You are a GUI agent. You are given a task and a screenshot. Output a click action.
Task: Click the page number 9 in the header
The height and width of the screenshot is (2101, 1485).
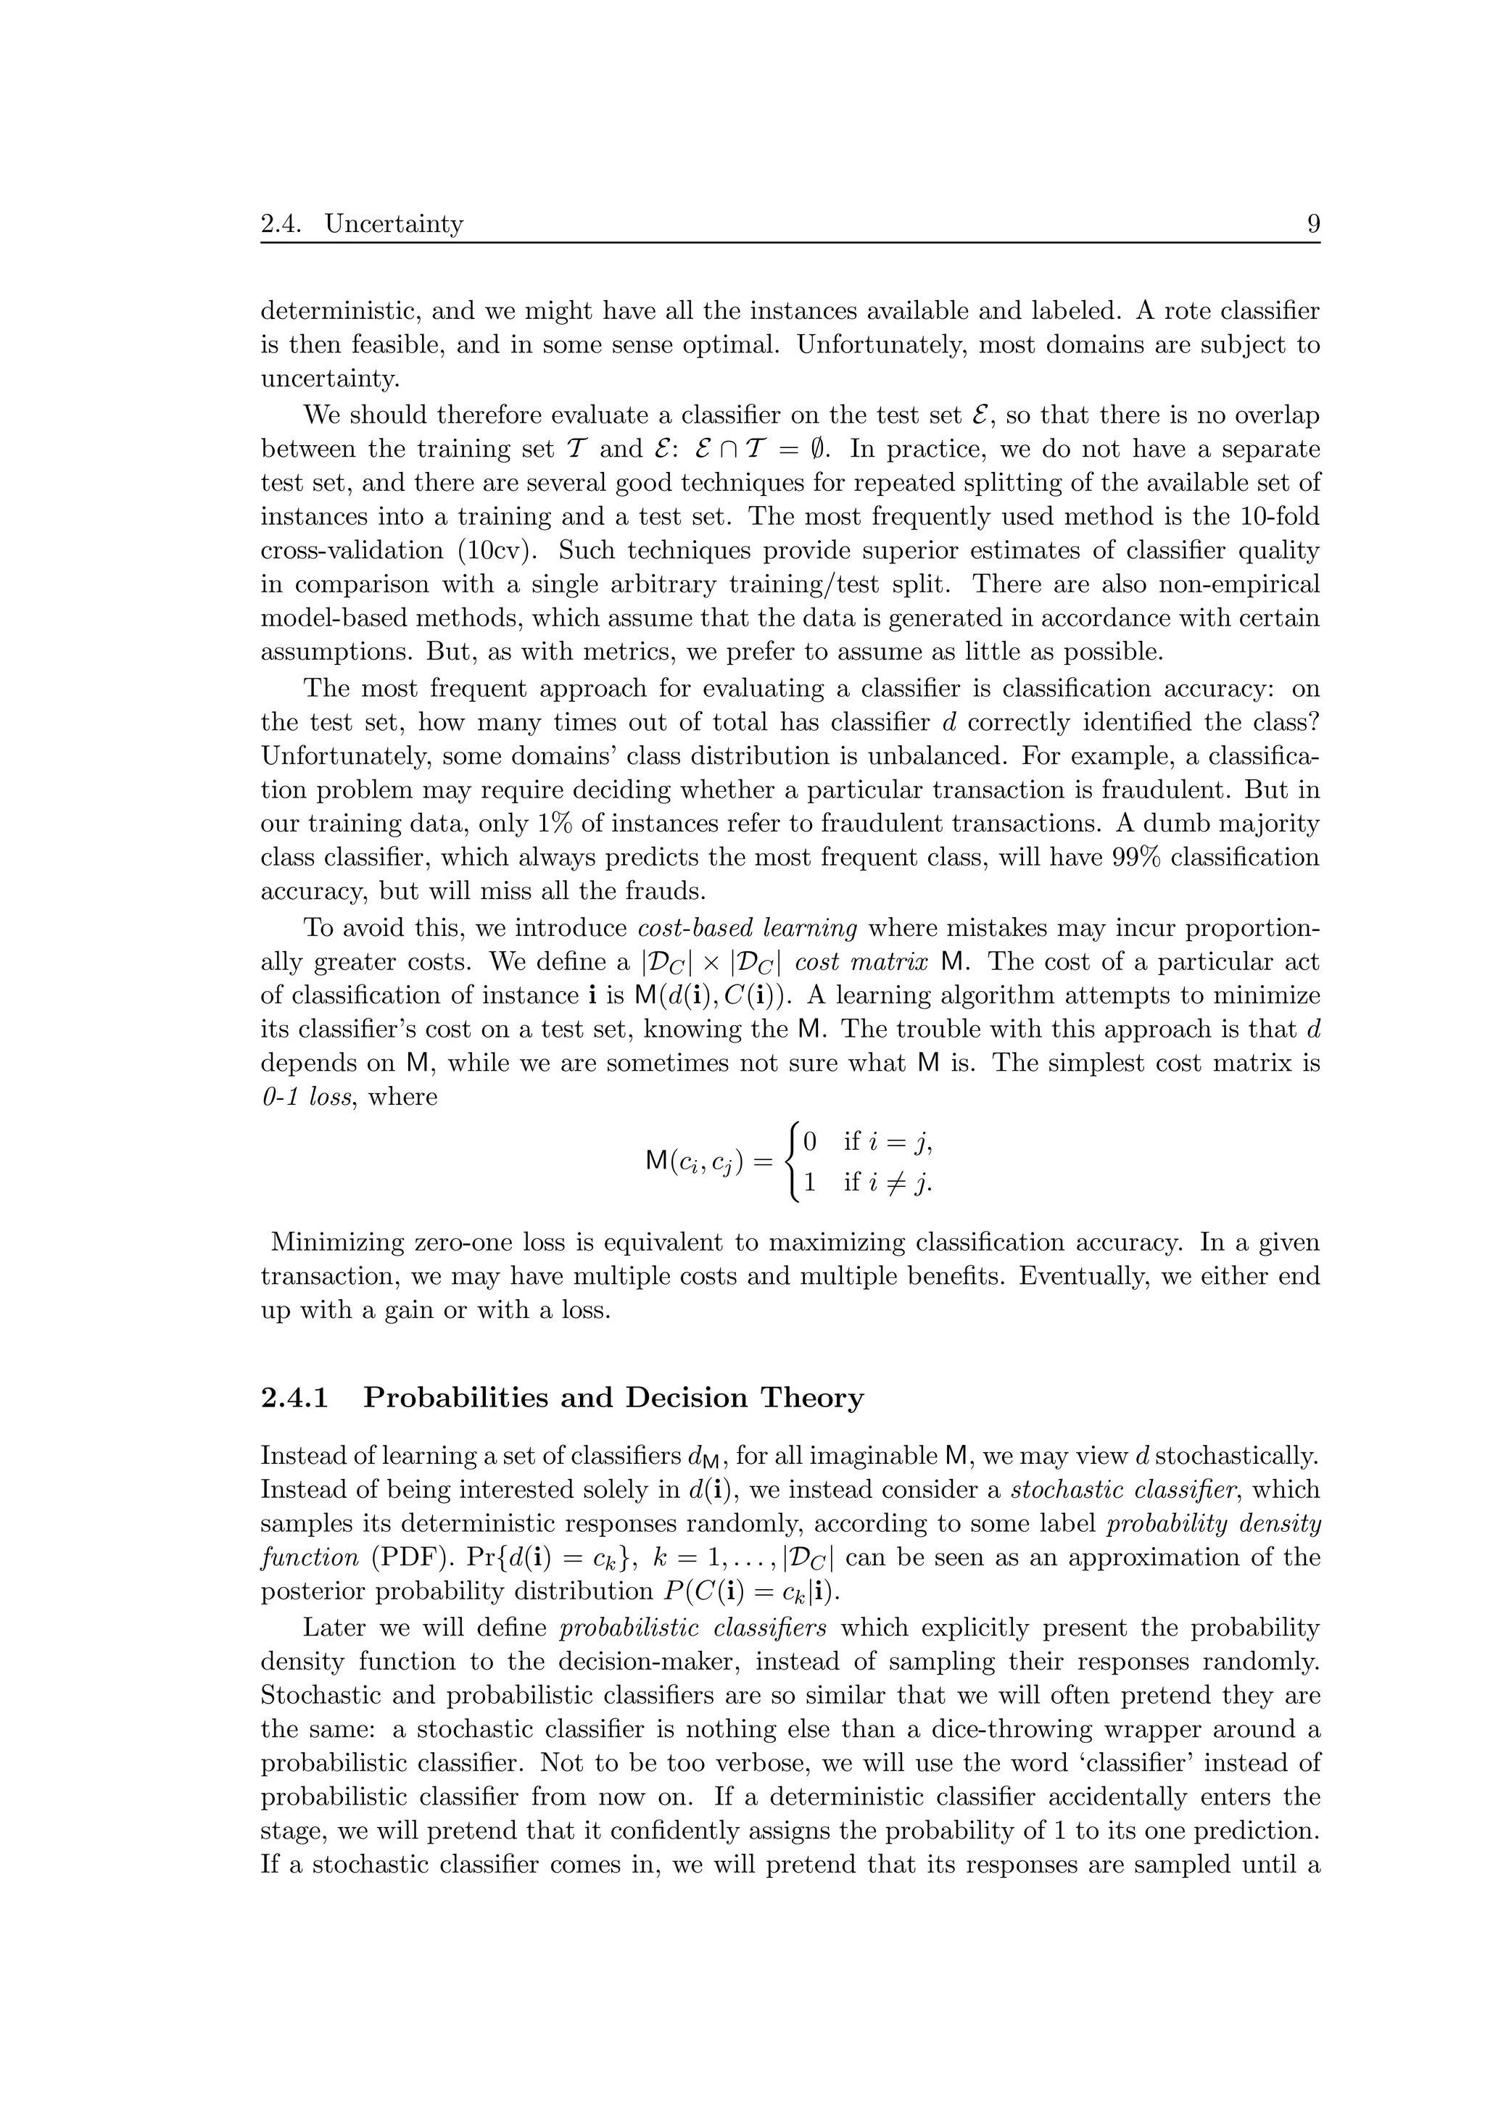click(1313, 223)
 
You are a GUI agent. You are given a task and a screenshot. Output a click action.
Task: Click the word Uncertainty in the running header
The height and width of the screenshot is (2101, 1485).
click(394, 223)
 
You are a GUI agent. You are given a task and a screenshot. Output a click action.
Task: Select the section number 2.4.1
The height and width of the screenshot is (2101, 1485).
click(294, 1398)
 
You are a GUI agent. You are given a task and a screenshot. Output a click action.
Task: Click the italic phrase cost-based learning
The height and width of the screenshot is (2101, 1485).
click(747, 928)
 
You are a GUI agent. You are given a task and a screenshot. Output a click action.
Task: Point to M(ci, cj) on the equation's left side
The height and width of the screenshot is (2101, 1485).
click(695, 1163)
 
